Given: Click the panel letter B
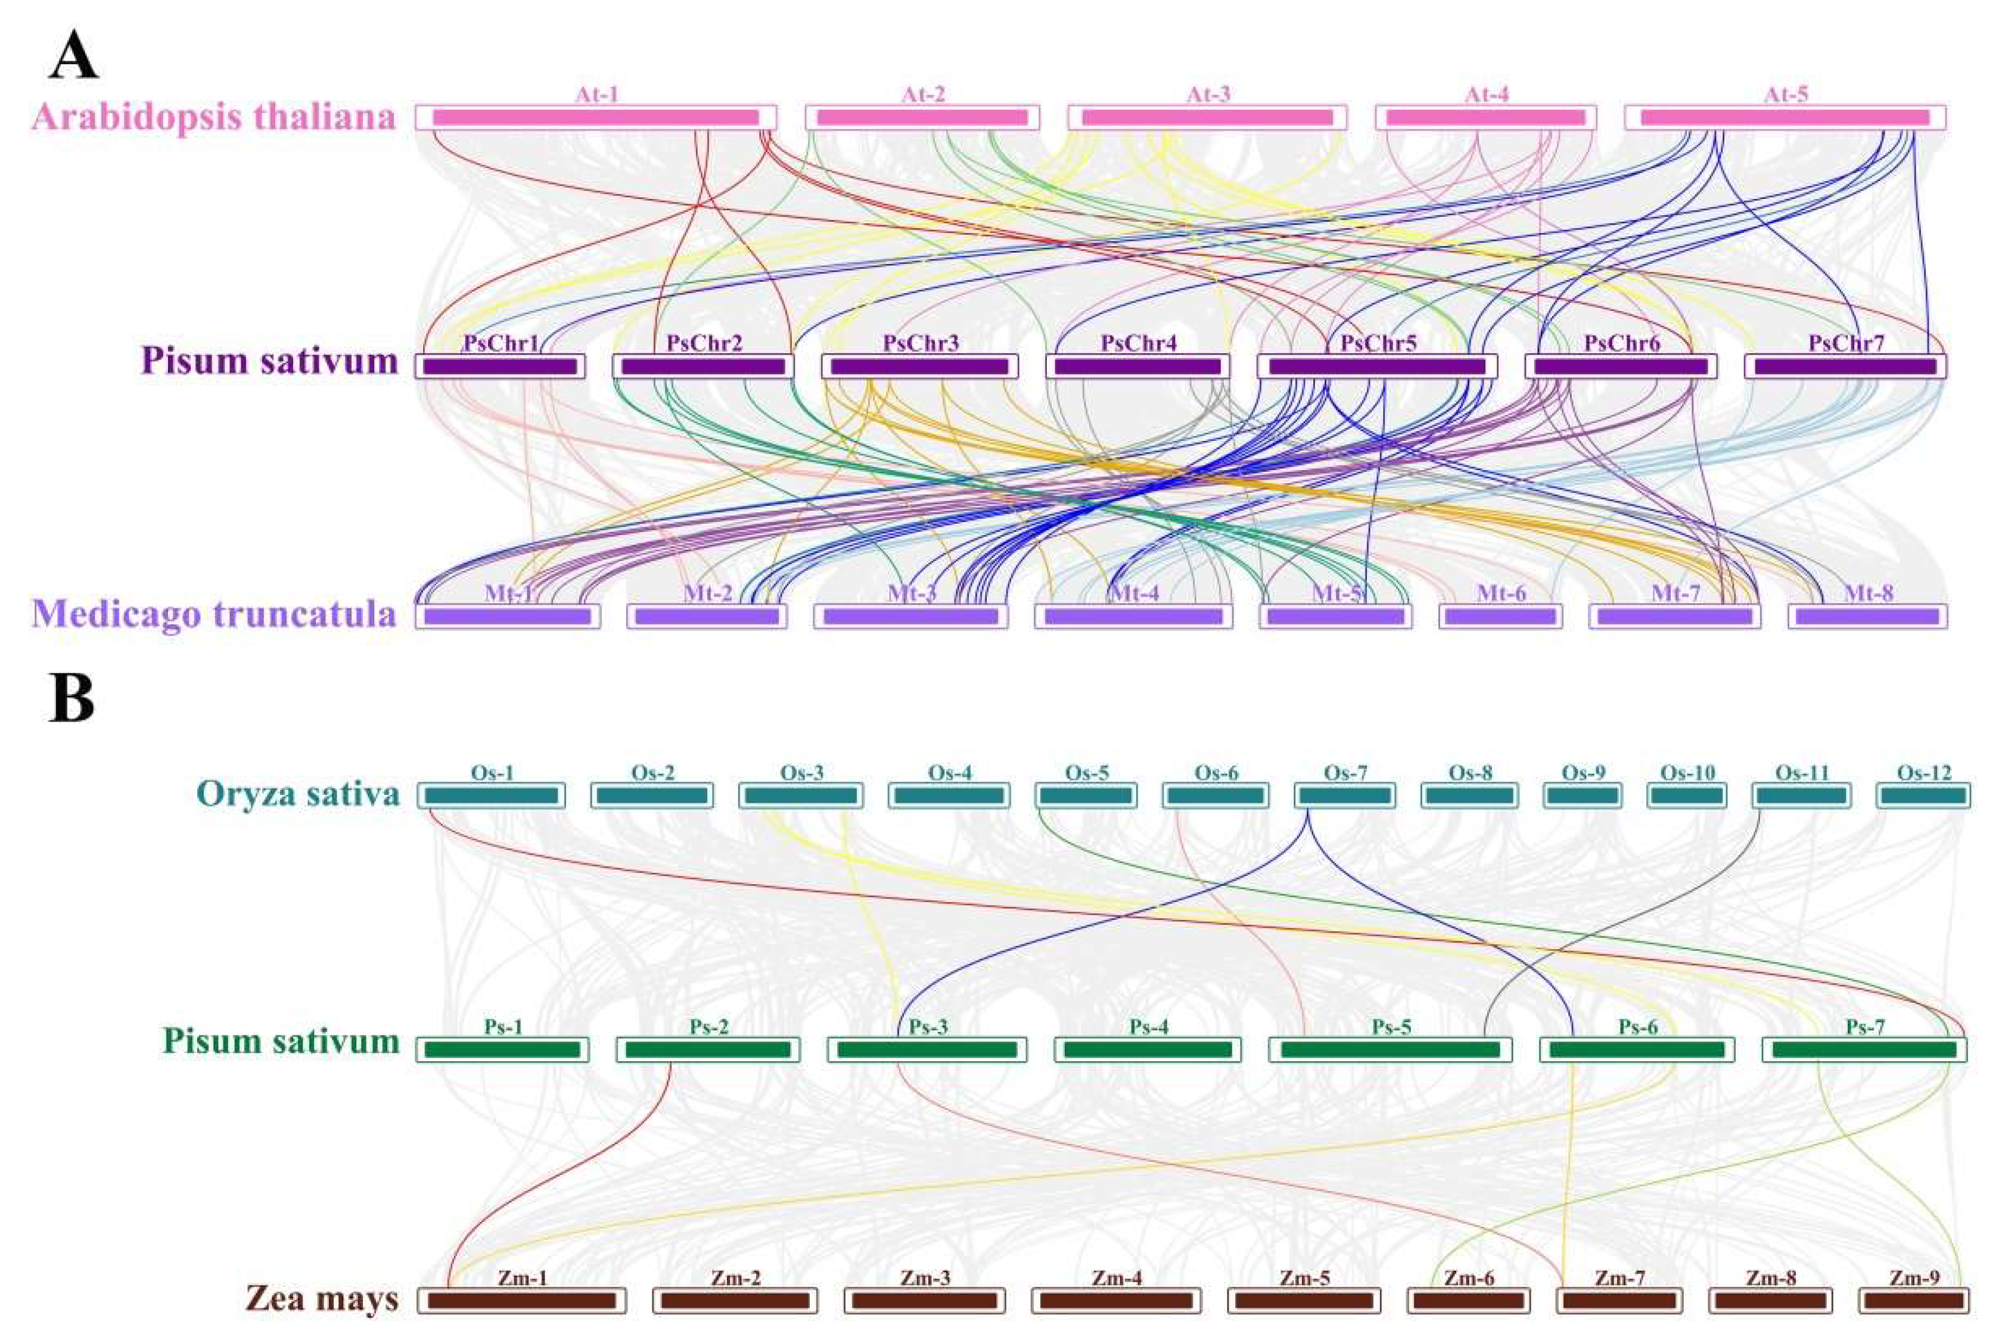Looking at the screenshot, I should point(71,699).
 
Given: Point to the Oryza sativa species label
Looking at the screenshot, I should point(298,794).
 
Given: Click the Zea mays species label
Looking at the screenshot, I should point(322,1299).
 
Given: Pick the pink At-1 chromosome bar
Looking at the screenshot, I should point(596,118).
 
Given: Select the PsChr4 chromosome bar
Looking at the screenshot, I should point(1137,366).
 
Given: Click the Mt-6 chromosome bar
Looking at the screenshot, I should point(1500,616).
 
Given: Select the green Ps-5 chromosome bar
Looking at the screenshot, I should point(1390,1050).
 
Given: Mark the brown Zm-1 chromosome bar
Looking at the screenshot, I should point(521,1301).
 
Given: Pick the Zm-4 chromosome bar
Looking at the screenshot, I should point(1115,1301).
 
